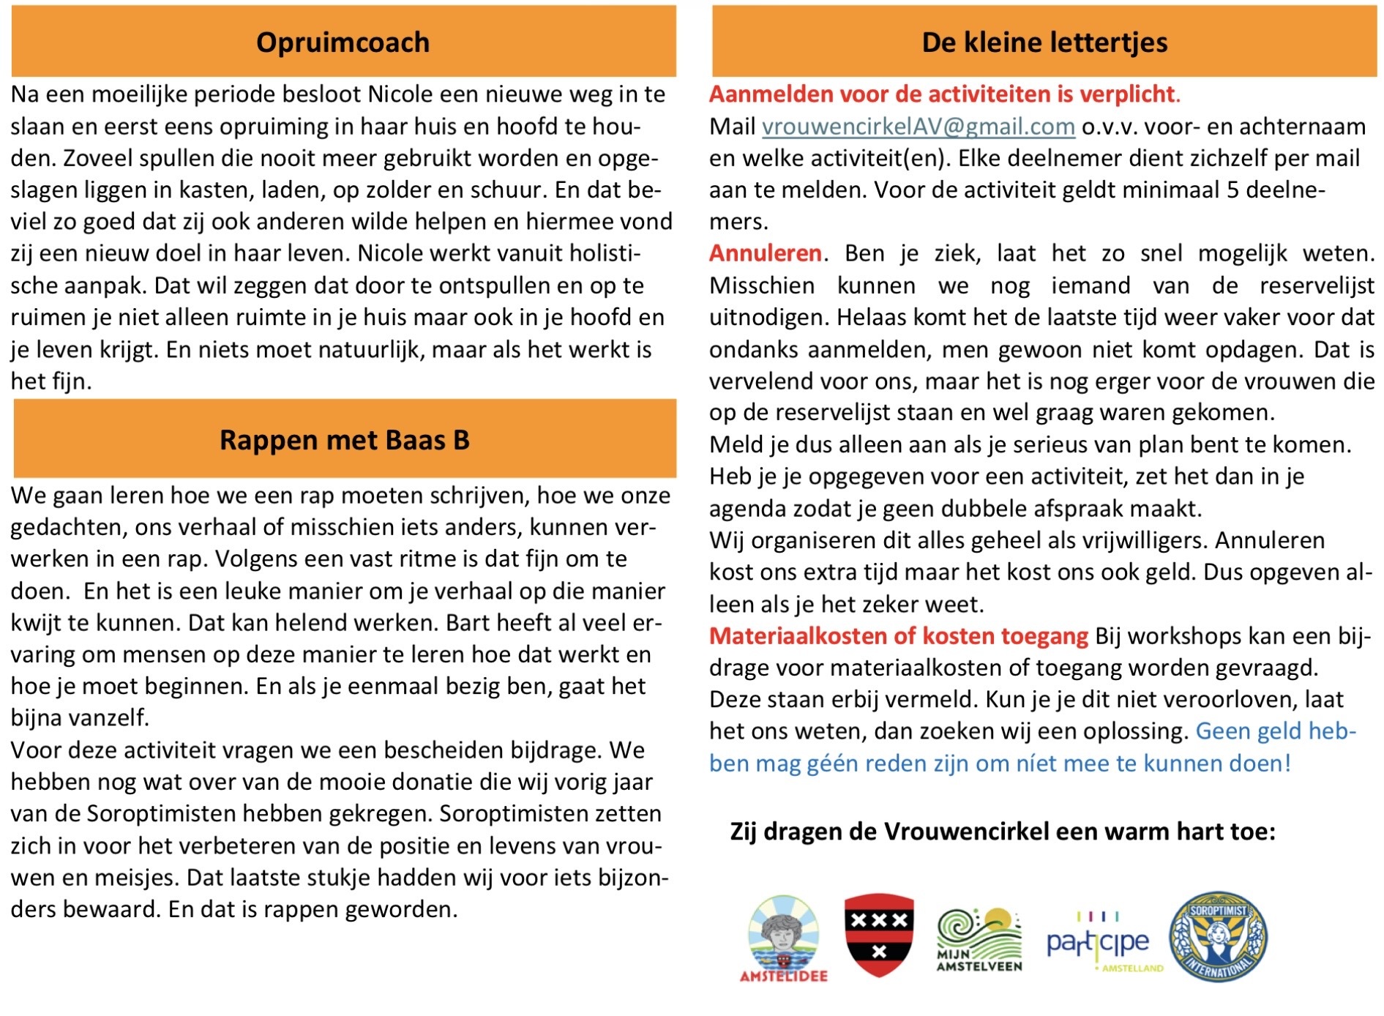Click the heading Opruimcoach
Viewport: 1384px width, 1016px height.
click(x=343, y=42)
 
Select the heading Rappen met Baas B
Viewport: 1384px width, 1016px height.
click(x=344, y=440)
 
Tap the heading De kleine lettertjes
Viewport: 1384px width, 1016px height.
click(x=1044, y=42)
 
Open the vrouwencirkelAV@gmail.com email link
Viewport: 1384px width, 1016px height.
click(x=918, y=127)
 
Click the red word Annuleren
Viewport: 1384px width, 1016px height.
click(x=765, y=253)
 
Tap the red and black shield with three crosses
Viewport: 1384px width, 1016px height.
click(x=878, y=935)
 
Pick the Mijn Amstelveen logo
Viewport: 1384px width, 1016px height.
click(x=979, y=939)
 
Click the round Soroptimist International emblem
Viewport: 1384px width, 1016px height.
click(x=1218, y=935)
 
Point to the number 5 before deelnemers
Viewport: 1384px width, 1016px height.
click(x=1232, y=190)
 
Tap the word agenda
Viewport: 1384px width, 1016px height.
click(x=747, y=509)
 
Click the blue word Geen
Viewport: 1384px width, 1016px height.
click(x=1222, y=731)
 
